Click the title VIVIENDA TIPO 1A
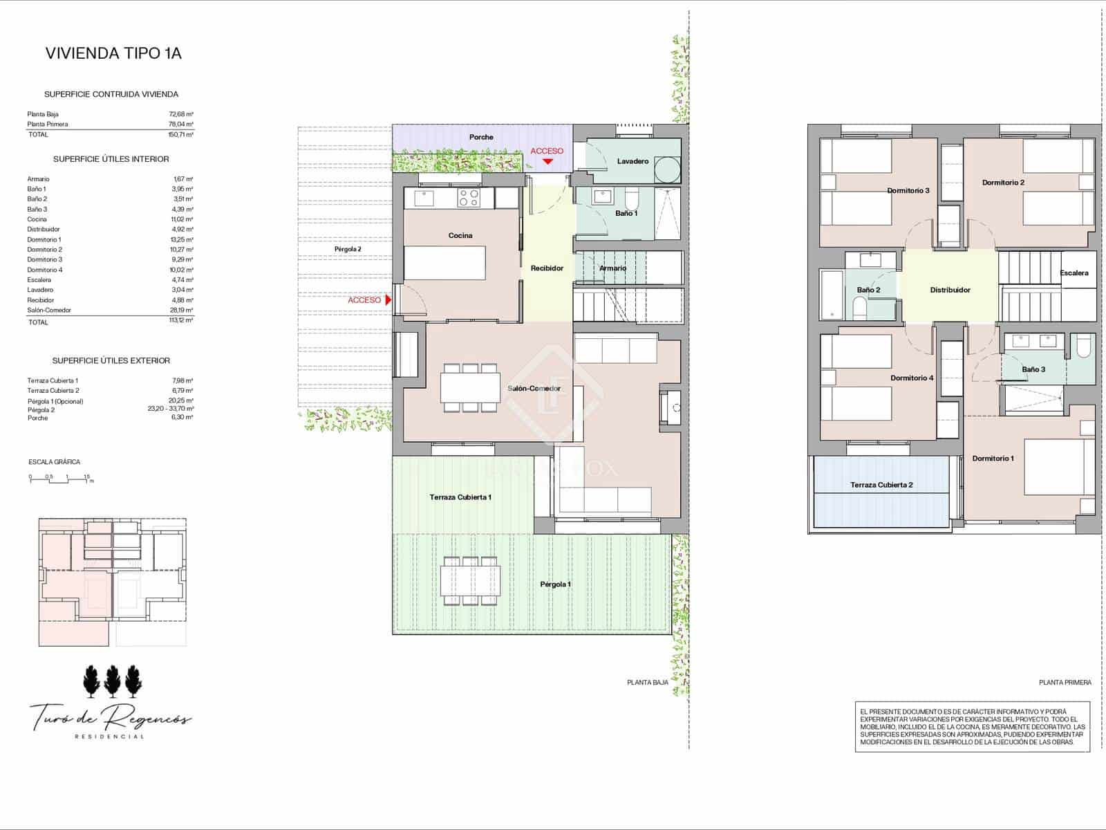click(113, 53)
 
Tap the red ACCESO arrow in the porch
click(547, 162)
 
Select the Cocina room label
click(460, 236)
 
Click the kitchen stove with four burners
click(469, 199)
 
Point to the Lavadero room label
click(632, 161)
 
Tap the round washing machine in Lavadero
click(667, 169)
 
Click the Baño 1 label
click(626, 213)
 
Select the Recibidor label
click(547, 268)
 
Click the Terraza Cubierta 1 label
click(460, 497)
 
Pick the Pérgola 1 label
click(555, 584)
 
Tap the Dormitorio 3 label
click(908, 191)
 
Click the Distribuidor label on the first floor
click(950, 290)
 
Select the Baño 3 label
click(1033, 369)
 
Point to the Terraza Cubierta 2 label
click(881, 485)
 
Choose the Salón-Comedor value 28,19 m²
click(182, 311)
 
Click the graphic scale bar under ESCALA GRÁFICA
click(61, 479)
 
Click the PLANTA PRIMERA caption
click(1065, 683)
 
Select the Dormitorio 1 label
click(993, 459)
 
